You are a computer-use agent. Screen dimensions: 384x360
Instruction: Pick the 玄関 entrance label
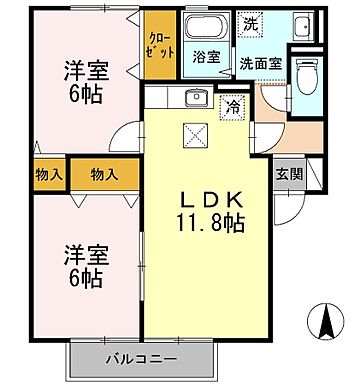pyautogui.click(x=288, y=172)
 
